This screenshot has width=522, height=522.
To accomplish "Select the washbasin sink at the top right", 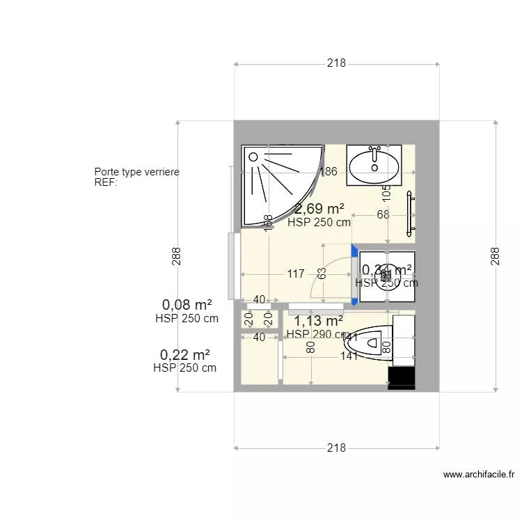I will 374,165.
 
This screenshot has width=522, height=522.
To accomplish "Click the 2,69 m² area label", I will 319,209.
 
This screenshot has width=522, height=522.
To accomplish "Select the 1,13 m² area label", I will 318,321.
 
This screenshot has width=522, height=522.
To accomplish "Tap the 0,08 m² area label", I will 187,305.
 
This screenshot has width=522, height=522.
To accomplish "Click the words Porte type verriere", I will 136,172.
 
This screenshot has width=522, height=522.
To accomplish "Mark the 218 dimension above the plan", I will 336,63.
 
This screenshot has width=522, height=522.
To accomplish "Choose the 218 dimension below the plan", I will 336,448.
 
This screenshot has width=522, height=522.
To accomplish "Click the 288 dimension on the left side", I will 177,257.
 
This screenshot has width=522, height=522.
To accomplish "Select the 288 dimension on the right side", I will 495,257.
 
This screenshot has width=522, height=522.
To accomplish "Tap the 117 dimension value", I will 296,274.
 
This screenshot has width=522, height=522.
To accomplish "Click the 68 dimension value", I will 383,215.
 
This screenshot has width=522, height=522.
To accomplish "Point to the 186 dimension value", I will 328,172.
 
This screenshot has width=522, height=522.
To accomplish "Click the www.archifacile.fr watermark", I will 479,475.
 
